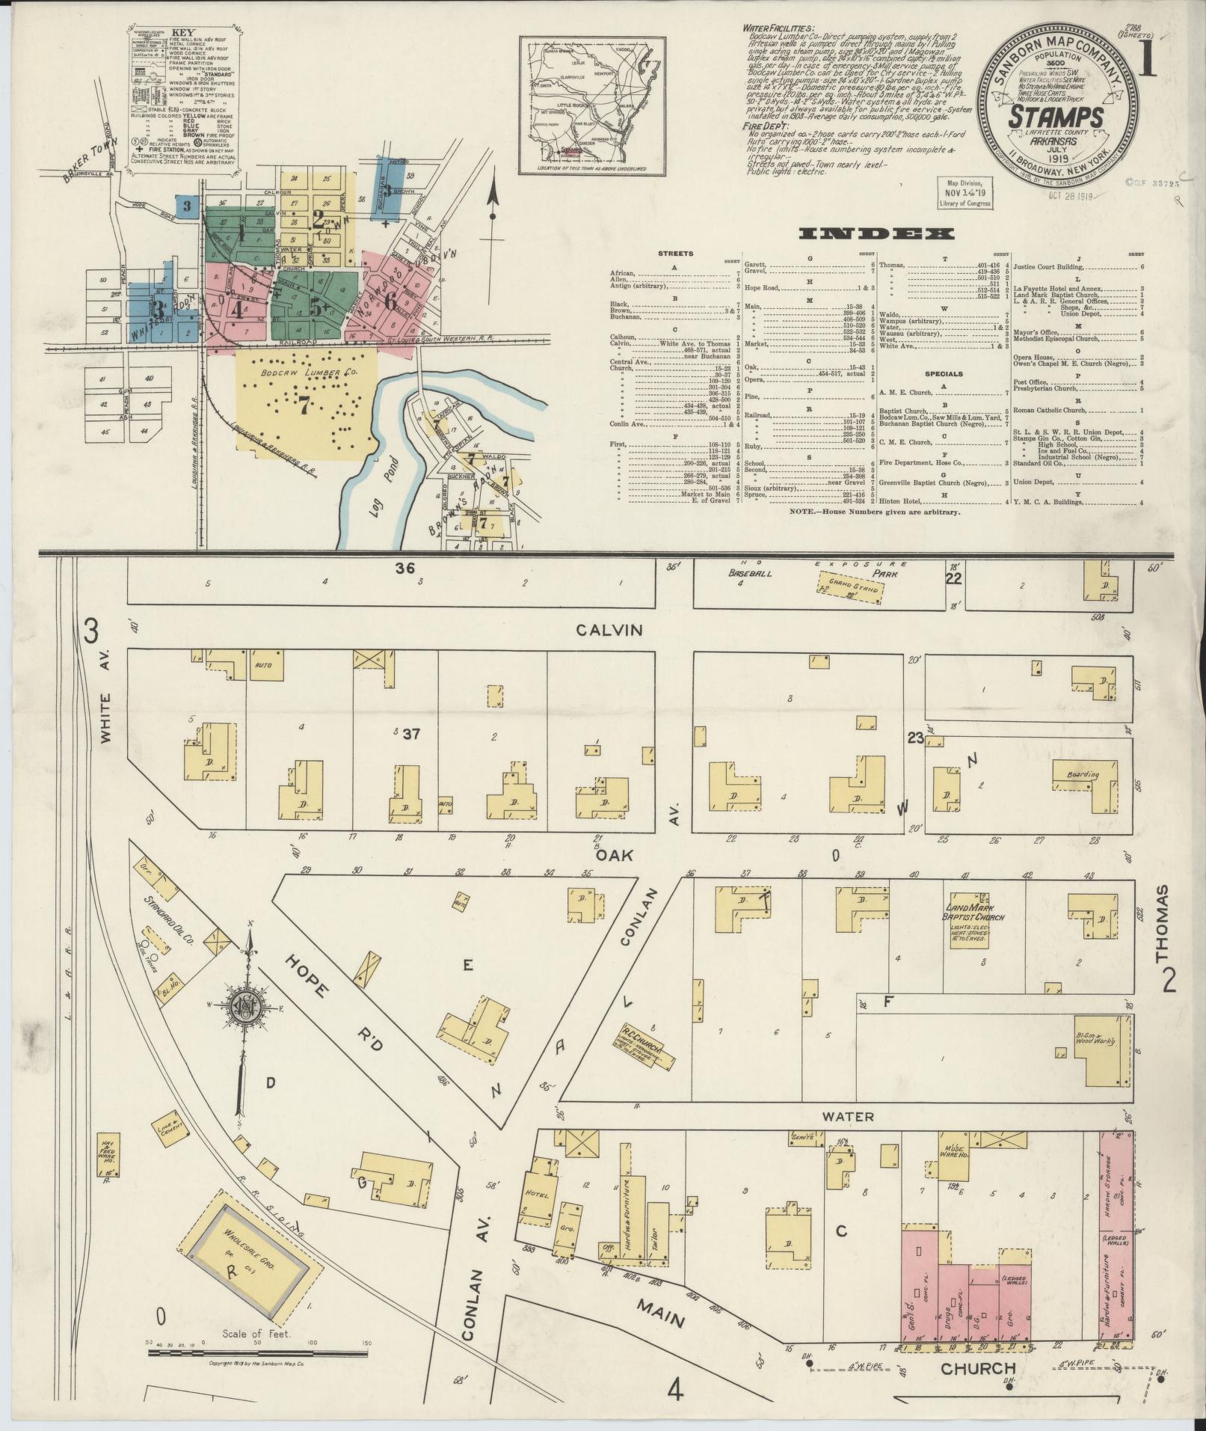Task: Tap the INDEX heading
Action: point(876,234)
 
